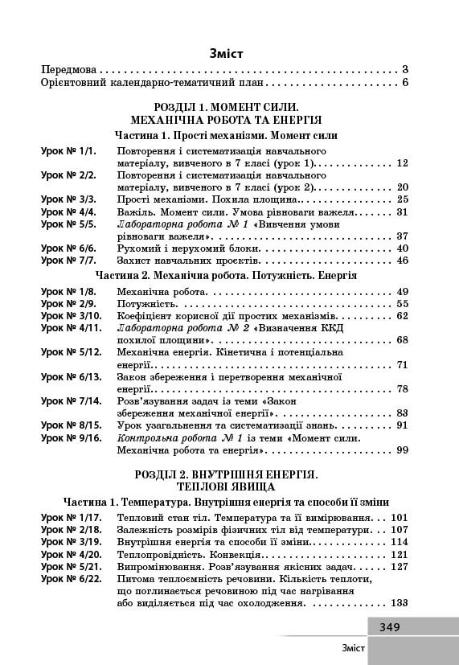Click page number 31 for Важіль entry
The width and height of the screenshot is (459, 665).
click(x=404, y=211)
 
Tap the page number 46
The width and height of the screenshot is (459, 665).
click(x=404, y=261)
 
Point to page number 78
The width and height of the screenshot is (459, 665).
click(x=404, y=389)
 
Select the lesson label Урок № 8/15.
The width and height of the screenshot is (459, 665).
click(x=71, y=425)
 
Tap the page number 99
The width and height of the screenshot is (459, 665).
click(x=404, y=450)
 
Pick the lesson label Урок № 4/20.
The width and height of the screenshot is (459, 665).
click(x=71, y=555)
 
